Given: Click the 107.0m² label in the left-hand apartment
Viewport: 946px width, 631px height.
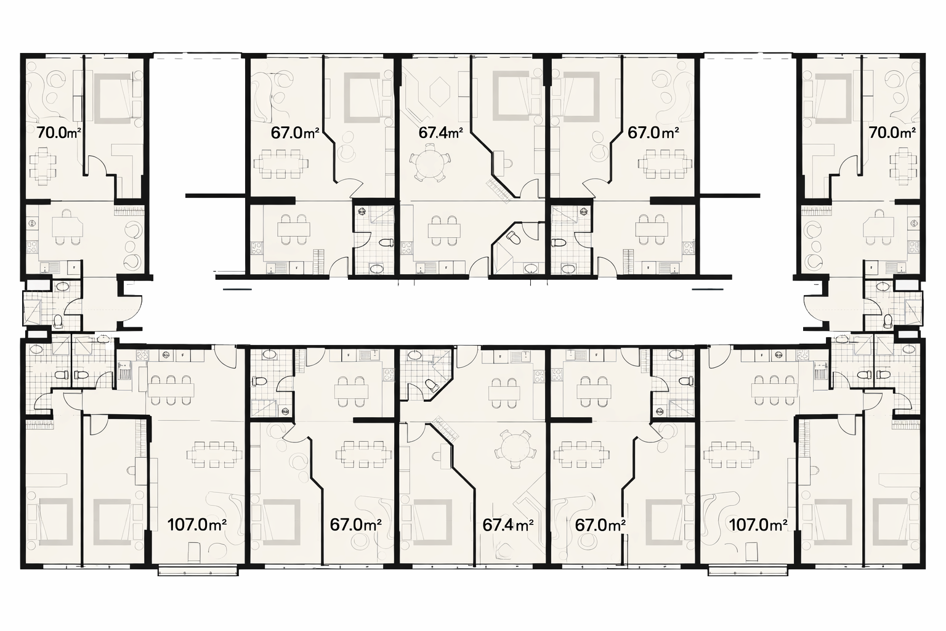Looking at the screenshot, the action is pyautogui.click(x=197, y=525).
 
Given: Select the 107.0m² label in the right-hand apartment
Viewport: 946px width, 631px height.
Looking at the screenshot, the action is pyautogui.click(x=758, y=525).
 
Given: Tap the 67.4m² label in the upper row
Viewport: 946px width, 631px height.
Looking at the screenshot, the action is pyautogui.click(x=440, y=132).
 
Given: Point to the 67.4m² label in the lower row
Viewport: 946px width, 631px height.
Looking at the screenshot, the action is pyautogui.click(x=507, y=525).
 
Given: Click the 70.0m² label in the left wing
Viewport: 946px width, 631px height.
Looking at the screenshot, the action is pyautogui.click(x=59, y=132).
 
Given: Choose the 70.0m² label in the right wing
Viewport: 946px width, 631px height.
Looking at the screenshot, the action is pyautogui.click(x=892, y=132).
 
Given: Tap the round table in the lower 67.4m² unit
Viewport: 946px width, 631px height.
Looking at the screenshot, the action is pyautogui.click(x=515, y=449).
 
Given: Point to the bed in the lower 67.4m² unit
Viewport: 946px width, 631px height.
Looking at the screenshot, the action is pyautogui.click(x=431, y=523).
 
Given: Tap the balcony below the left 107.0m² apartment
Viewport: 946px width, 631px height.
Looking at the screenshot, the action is pyautogui.click(x=198, y=571).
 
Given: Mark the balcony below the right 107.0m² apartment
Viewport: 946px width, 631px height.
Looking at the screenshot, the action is pyautogui.click(x=748, y=571).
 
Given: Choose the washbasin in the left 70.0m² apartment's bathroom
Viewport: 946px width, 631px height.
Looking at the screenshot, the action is pyautogui.click(x=62, y=287).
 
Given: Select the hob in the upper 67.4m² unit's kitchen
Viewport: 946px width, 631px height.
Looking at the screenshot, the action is pyautogui.click(x=407, y=247).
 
